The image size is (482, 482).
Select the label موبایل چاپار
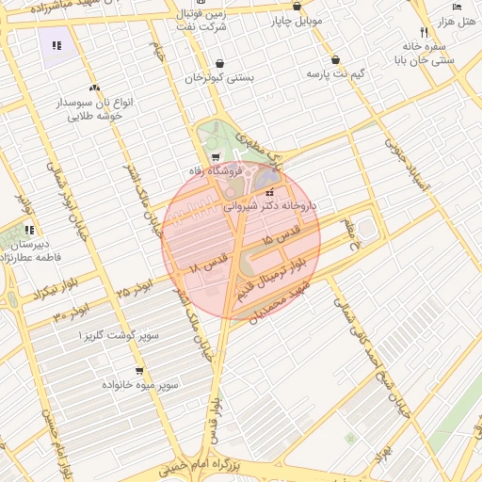297,19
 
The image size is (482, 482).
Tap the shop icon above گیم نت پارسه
335,57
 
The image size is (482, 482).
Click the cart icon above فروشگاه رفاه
217,157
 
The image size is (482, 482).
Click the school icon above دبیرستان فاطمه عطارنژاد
29,229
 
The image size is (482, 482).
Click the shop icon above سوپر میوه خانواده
139,371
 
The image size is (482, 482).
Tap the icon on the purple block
56,44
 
